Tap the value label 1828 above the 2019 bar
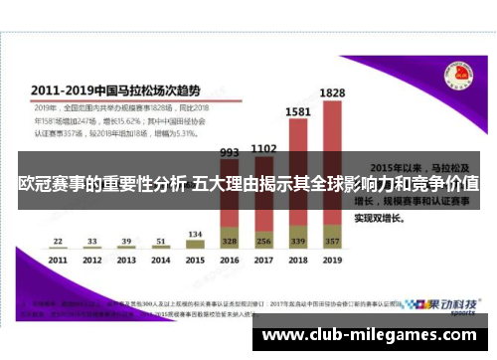(332, 93)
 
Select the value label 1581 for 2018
(297, 112)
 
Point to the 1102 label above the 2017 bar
(263, 149)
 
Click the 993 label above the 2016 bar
(230, 153)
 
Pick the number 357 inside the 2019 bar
(332, 242)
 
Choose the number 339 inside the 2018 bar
(297, 242)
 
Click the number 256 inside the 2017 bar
(263, 242)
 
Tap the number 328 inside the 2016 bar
(230, 242)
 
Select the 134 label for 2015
(195, 235)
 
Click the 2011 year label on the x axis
(59, 261)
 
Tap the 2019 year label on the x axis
(332, 261)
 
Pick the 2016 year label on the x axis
(230, 261)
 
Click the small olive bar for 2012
(92, 248)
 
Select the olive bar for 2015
(195, 245)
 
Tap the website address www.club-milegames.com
(372, 336)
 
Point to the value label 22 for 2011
(59, 241)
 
